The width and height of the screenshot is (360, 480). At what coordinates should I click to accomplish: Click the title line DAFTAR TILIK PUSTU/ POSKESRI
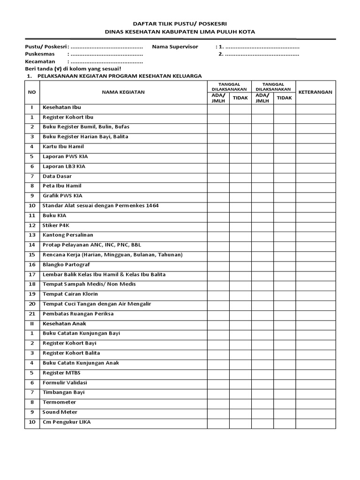coord(180,22)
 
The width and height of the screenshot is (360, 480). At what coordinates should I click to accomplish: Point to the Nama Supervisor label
coord(175,47)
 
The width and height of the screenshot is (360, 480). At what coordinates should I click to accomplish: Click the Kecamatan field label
coord(40,61)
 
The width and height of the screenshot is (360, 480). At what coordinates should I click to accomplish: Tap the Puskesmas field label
coord(41,54)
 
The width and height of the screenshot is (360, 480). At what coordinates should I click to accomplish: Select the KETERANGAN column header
coord(315,92)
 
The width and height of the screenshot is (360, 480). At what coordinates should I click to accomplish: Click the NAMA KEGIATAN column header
coord(123,92)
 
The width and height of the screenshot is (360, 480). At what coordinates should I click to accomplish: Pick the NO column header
coord(32,92)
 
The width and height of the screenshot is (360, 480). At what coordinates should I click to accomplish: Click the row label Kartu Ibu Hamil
coord(63,147)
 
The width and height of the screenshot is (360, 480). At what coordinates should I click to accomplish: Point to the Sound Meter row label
coord(60,412)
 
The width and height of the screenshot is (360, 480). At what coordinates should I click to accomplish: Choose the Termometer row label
coord(59,402)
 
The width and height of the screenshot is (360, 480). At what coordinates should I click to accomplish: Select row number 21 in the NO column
coord(32,314)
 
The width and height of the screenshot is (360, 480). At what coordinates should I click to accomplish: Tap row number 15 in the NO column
coord(32,255)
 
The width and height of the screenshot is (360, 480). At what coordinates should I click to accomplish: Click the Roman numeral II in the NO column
coord(32,324)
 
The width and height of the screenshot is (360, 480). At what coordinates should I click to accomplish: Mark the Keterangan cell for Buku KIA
coord(315,216)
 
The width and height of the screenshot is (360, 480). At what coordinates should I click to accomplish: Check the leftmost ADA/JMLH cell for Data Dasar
coord(218,176)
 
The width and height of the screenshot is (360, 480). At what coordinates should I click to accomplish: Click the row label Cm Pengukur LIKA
coord(67,422)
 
